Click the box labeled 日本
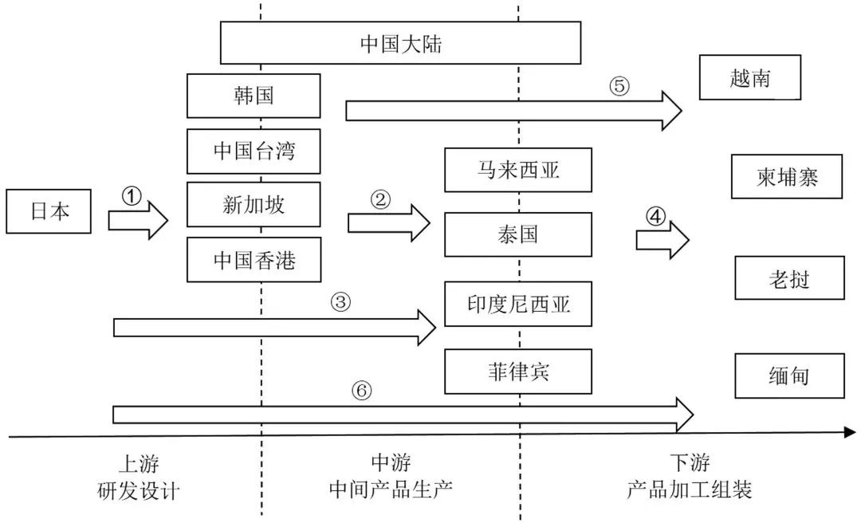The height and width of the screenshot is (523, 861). (x=49, y=211)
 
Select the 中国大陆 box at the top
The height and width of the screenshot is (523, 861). (x=400, y=43)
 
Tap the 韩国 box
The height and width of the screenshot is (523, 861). (x=254, y=96)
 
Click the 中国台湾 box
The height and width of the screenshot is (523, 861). (x=254, y=151)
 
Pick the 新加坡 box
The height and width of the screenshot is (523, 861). (x=254, y=205)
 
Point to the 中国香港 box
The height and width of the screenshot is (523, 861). (x=254, y=260)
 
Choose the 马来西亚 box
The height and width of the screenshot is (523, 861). (x=518, y=170)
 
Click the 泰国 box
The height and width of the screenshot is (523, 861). (x=518, y=234)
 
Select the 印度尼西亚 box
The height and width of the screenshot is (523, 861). (x=518, y=304)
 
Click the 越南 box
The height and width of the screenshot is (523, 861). (x=750, y=77)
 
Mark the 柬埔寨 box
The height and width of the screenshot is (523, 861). (x=787, y=176)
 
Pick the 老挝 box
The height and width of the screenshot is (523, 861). (x=789, y=277)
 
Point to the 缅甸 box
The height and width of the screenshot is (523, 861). (x=789, y=376)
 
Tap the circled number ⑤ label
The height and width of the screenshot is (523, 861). (x=619, y=86)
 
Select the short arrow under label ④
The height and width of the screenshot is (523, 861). (x=662, y=238)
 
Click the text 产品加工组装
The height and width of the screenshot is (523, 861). (x=689, y=490)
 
